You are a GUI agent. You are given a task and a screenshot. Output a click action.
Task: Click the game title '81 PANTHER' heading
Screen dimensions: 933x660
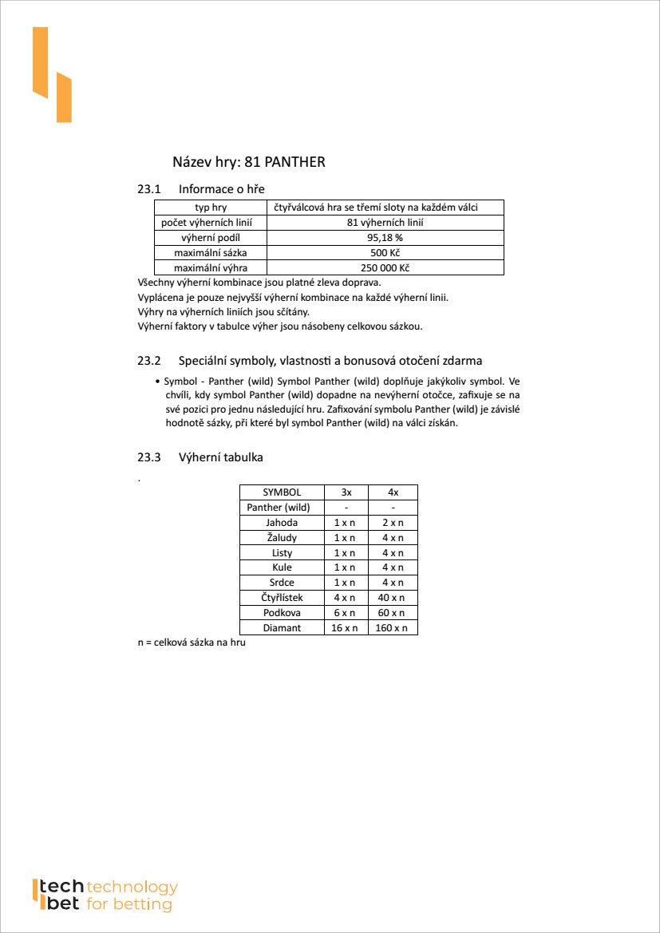(249, 162)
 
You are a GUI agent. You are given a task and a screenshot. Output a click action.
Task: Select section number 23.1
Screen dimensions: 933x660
(149, 189)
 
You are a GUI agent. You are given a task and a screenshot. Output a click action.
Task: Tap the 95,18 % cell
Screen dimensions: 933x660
(385, 238)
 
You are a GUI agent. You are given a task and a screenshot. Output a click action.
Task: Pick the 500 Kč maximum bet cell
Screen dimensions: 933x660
(385, 253)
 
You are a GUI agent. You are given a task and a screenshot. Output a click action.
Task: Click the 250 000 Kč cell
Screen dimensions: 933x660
(385, 268)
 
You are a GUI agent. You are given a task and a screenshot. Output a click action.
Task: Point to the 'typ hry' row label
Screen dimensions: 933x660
(211, 208)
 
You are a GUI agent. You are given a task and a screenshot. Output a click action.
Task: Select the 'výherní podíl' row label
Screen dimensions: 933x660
(211, 238)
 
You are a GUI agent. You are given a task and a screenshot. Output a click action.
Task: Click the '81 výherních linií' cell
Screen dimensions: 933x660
(385, 223)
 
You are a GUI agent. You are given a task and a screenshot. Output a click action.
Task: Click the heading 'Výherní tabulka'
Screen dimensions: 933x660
(220, 457)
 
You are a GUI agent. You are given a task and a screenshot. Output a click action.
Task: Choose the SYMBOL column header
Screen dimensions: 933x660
(282, 492)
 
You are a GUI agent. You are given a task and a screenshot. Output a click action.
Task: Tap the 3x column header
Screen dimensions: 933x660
(346, 492)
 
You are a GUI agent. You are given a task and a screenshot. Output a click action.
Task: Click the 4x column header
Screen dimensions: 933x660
(393, 492)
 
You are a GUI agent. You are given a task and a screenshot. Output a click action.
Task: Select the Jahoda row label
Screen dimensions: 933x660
(282, 523)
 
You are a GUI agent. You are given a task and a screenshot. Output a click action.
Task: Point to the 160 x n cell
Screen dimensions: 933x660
(393, 628)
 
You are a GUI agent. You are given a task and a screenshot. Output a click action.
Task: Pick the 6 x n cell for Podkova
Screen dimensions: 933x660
(346, 613)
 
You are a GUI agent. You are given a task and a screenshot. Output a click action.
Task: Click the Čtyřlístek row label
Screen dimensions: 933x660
(282, 598)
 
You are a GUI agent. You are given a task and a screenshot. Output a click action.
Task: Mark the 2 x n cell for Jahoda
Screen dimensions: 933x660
(393, 523)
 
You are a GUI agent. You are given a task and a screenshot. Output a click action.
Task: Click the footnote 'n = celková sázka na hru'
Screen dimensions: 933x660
(192, 643)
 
